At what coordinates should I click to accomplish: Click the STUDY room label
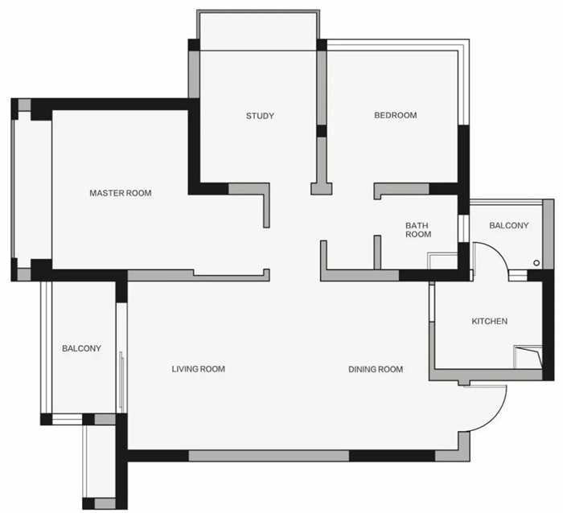pyautogui.click(x=260, y=116)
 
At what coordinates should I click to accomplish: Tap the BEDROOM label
pyautogui.click(x=396, y=115)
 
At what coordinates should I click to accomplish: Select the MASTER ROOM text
pyautogui.click(x=121, y=193)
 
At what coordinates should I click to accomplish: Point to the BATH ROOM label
pyautogui.click(x=418, y=230)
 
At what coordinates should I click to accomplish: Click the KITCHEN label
pyautogui.click(x=489, y=321)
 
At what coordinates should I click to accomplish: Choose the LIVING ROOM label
pyautogui.click(x=198, y=369)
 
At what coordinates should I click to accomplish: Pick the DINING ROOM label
pyautogui.click(x=376, y=369)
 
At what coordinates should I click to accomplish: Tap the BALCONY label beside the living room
pyautogui.click(x=81, y=348)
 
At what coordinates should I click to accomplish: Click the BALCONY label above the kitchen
pyautogui.click(x=509, y=225)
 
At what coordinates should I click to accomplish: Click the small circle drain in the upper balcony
pyautogui.click(x=536, y=263)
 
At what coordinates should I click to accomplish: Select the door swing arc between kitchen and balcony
pyautogui.click(x=496, y=252)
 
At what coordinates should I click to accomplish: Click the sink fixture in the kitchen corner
pyautogui.click(x=528, y=357)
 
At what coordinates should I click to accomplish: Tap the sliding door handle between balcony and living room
pyautogui.click(x=122, y=381)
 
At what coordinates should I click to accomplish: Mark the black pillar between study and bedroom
pyautogui.click(x=322, y=131)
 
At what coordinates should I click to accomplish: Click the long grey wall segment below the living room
pyautogui.click(x=269, y=456)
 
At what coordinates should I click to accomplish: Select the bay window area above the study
pyautogui.click(x=258, y=31)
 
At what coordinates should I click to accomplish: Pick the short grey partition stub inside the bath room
pyautogui.click(x=377, y=252)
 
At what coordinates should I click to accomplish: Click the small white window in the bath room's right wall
pyautogui.click(x=463, y=228)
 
